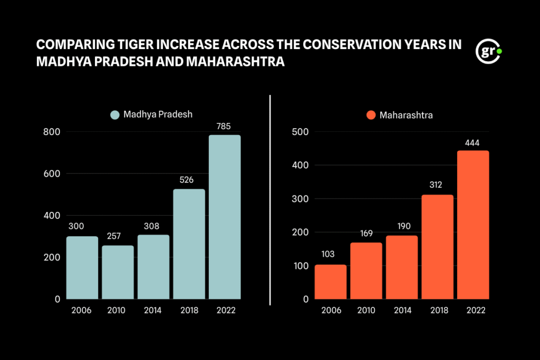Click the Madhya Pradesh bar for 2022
(225, 217)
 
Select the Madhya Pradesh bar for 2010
(118, 272)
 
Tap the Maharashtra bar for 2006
(331, 282)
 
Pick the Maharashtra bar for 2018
(437, 247)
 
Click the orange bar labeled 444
(473, 225)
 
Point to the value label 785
(224, 127)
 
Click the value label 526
(186, 180)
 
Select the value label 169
(367, 233)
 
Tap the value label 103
(328, 254)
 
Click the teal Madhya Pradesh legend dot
(115, 114)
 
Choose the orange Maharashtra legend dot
(371, 115)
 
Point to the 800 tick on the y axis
(52, 132)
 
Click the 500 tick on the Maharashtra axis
(300, 132)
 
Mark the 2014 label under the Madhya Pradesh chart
(152, 310)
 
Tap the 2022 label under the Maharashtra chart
(476, 310)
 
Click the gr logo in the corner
(488, 51)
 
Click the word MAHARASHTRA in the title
(235, 62)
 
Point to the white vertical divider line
(270, 200)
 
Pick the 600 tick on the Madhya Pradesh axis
(52, 174)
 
